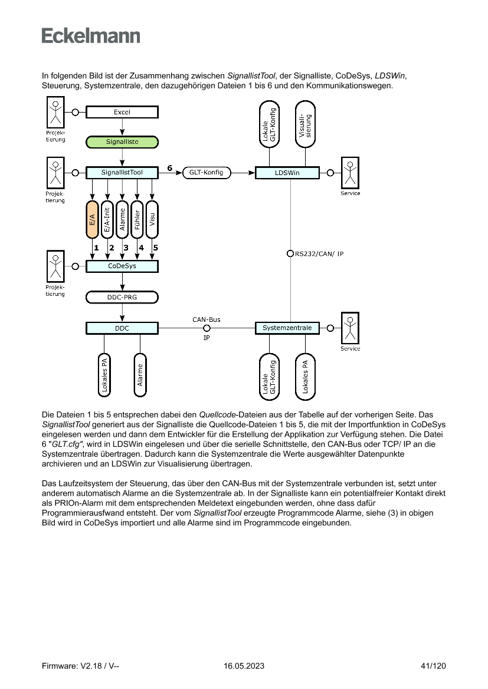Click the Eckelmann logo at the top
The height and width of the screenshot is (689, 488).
(91, 35)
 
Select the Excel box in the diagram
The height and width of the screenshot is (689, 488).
(122, 112)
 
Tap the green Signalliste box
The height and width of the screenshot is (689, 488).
(122, 142)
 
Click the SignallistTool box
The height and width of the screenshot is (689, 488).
(122, 173)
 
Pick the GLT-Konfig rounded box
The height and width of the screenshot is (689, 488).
(207, 173)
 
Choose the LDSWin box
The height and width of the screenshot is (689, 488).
(287, 173)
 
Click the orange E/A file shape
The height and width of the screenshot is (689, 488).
(92, 219)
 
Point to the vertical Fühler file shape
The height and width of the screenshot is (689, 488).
(137, 219)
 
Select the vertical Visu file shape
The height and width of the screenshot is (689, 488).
(152, 219)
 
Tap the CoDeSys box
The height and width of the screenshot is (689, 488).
(122, 266)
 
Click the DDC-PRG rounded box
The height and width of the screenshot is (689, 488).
(122, 297)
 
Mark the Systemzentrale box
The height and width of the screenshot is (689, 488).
(287, 328)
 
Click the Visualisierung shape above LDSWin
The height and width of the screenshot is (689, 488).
(305, 125)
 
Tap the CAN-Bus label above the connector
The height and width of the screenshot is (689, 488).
(207, 319)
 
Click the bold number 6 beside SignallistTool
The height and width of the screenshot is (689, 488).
(170, 168)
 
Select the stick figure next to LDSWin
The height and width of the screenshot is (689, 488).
(350, 173)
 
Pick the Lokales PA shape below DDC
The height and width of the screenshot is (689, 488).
(104, 375)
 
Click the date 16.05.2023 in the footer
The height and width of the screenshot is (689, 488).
(244, 666)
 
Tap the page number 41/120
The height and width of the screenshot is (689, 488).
(434, 666)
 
